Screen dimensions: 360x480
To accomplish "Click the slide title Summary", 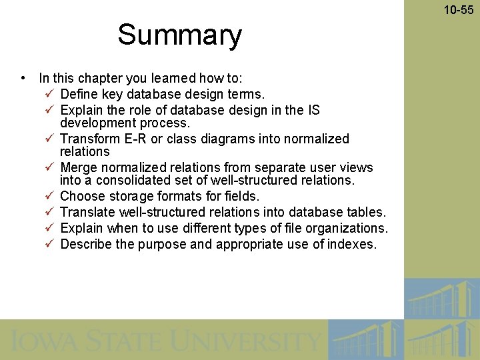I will [x=179, y=35].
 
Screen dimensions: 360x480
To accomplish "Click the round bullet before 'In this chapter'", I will [x=23, y=78].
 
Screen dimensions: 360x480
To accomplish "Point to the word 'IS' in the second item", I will [x=313, y=110].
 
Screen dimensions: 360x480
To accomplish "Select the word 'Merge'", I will [x=78, y=167].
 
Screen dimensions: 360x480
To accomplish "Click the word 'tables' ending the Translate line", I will [x=365, y=212].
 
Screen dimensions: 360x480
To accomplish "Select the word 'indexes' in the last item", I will [x=353, y=244].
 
